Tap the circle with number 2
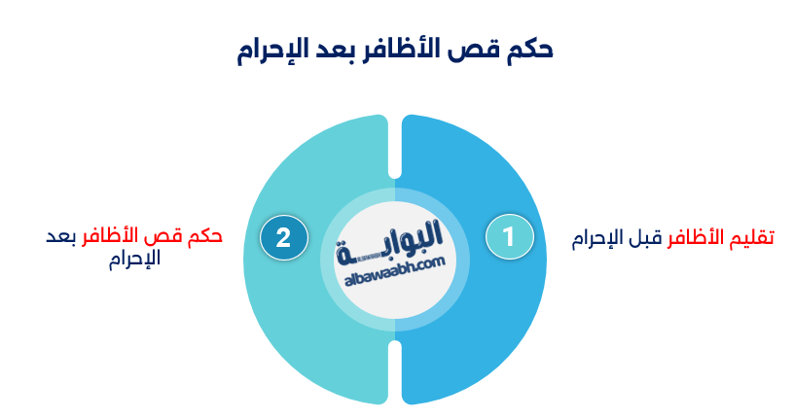284,237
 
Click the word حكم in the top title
528,52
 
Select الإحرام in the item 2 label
136,261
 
